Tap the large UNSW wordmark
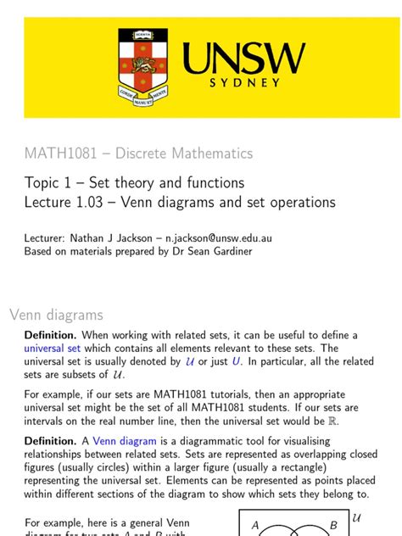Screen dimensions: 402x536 tap(243, 59)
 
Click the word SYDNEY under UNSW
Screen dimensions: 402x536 tap(243, 83)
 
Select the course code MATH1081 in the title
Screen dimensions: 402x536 tap(59, 154)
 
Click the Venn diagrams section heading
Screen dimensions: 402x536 tap(56, 315)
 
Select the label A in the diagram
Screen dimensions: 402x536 tap(255, 526)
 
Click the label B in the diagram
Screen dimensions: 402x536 tap(334, 525)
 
